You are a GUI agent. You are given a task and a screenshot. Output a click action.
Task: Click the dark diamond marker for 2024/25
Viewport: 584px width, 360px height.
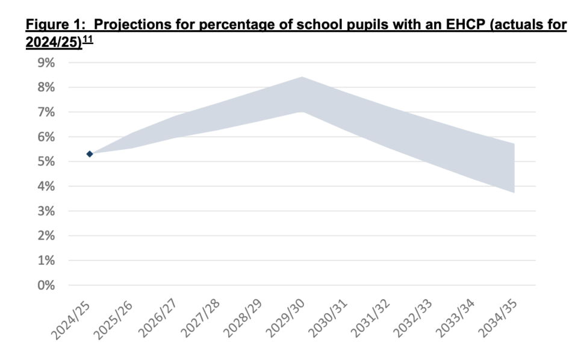click(90, 154)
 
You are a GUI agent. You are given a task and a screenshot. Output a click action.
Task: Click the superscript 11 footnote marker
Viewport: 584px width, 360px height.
click(88, 40)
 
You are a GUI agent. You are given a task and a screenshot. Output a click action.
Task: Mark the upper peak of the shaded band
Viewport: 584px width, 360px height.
click(301, 77)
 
